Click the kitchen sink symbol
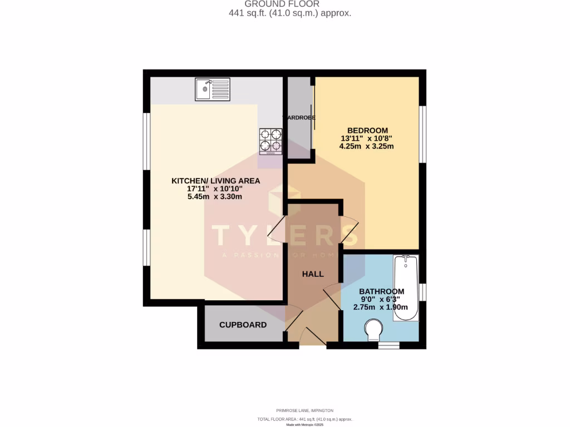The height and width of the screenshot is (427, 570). tap(212, 89)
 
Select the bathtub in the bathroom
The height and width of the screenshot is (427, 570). tap(406, 288)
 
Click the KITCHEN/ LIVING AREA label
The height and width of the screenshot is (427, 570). tap(215, 181)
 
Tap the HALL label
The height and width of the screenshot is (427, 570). tap(313, 274)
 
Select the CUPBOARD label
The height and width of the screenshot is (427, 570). tap(243, 325)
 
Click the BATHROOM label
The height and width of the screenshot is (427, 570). tap(381, 291)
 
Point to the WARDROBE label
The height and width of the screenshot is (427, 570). tap(299, 118)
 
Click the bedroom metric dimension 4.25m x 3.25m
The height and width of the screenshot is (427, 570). tap(366, 147)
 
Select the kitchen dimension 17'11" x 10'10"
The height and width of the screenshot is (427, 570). tap(215, 189)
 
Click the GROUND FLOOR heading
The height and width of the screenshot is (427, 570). tap(289, 4)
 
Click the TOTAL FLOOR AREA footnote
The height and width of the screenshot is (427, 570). tap(289, 419)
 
